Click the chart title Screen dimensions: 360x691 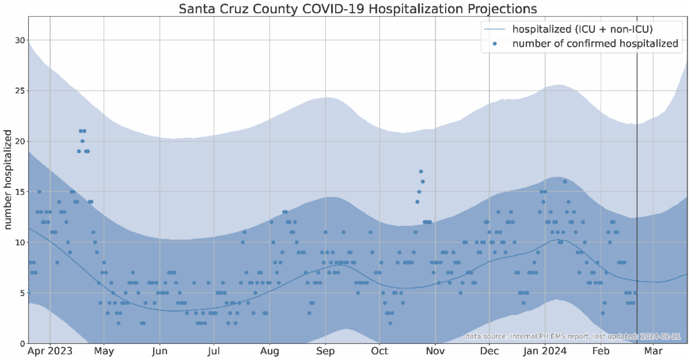click(x=358, y=9)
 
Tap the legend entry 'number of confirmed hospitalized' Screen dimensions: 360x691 click(x=595, y=44)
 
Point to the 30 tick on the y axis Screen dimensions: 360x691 click(x=20, y=40)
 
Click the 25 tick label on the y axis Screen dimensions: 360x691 click(x=20, y=91)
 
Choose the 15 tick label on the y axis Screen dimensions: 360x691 click(x=20, y=192)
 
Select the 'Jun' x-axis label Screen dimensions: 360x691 click(x=160, y=351)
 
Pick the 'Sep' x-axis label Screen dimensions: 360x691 click(x=326, y=351)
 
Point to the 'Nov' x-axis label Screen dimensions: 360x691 click(x=436, y=351)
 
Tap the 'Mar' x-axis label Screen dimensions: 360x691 click(x=652, y=351)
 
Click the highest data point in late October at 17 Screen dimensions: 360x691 click(x=421, y=172)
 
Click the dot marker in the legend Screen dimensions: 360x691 click(x=495, y=44)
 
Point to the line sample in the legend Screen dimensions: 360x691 click(x=495, y=29)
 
